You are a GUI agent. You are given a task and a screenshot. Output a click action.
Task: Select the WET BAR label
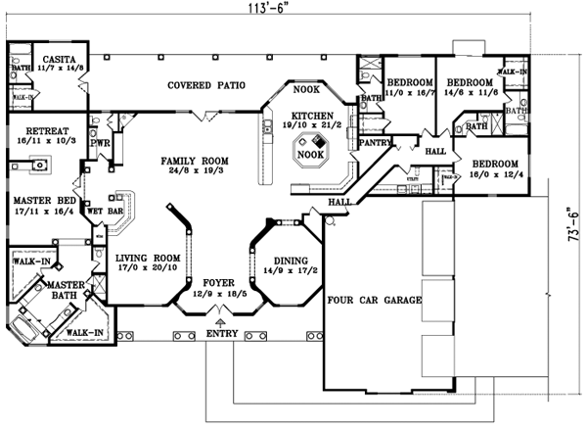coord(103,211)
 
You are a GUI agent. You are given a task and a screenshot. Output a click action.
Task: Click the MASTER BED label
coord(36,200)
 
